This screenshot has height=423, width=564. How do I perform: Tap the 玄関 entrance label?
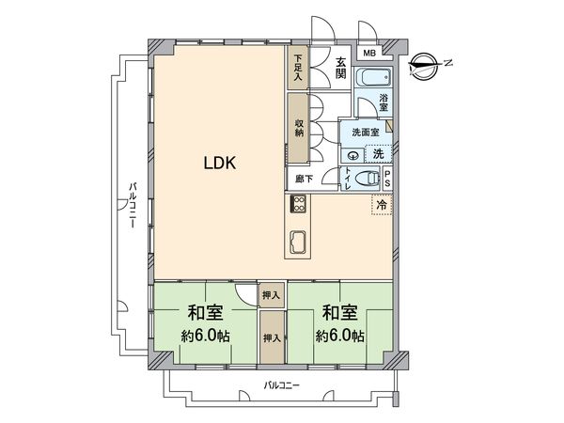coord(340,69)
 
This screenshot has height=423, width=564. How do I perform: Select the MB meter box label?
coord(369,55)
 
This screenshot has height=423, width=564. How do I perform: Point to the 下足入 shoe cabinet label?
coord(298,69)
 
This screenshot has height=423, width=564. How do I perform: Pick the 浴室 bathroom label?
coord(384,101)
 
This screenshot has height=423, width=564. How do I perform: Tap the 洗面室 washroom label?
coord(366,133)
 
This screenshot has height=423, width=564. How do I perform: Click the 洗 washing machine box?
coord(378,153)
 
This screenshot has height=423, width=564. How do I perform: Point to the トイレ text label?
coord(348,179)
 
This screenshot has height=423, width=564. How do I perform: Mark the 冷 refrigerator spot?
coord(382,204)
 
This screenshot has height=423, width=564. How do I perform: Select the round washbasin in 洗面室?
coord(353,155)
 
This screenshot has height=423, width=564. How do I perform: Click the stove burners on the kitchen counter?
coord(299,204)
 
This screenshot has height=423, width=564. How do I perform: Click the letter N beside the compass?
coord(448,64)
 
